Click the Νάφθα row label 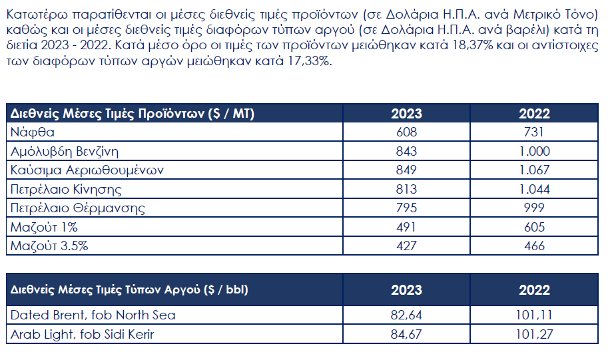[x=33, y=132]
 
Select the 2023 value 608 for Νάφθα [x=406, y=132]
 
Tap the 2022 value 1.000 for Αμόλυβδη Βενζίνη [x=534, y=151]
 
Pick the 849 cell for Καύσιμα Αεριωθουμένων [x=406, y=170]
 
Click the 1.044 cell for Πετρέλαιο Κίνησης [x=534, y=189]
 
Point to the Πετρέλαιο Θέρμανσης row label [x=78, y=208]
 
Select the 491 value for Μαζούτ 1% [x=406, y=227]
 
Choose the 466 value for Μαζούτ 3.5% [x=534, y=246]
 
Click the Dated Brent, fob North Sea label [x=93, y=315]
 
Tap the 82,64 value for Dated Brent [x=406, y=315]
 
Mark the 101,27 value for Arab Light [x=534, y=334]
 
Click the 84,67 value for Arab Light [x=406, y=334]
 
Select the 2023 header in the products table [x=406, y=113]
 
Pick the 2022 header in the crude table [x=534, y=289]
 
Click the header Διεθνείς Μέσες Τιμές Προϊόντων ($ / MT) [x=133, y=113]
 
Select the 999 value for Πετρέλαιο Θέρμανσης [x=534, y=208]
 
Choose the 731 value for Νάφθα [x=534, y=132]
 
